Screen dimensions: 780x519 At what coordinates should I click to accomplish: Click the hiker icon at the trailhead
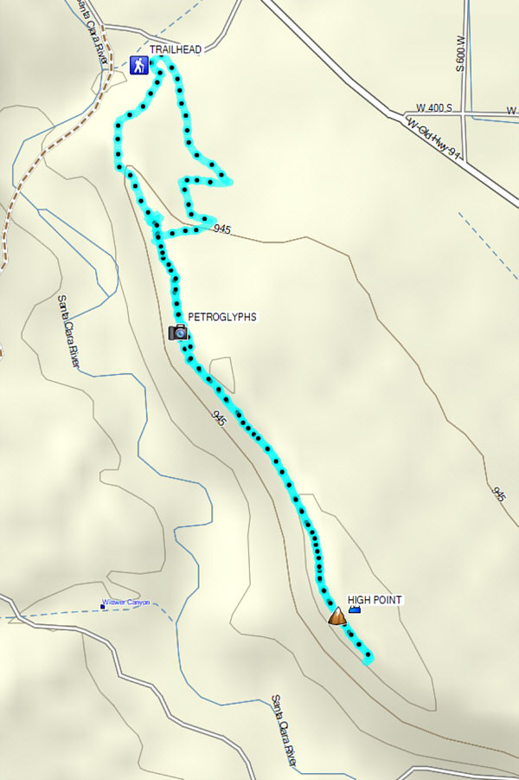coord(138,65)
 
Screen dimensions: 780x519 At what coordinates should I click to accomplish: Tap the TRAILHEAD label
coord(176,50)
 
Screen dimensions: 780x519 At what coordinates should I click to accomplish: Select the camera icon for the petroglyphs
coord(178,332)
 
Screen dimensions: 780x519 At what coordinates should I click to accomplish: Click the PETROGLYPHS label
coord(222,318)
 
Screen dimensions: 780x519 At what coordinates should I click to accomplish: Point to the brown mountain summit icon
coord(336,616)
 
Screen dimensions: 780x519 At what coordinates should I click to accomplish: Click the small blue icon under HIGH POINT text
coord(354,611)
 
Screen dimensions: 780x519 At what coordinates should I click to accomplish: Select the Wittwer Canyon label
coord(126,603)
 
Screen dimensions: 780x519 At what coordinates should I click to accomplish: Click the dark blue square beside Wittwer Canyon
coord(102,607)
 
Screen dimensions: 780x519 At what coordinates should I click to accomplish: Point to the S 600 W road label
coord(461,52)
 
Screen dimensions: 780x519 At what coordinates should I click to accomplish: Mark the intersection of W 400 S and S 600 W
coord(465,113)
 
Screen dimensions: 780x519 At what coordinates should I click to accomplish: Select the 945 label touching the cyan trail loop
coord(221,229)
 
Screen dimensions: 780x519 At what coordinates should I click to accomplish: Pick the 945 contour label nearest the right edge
coord(499,493)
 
